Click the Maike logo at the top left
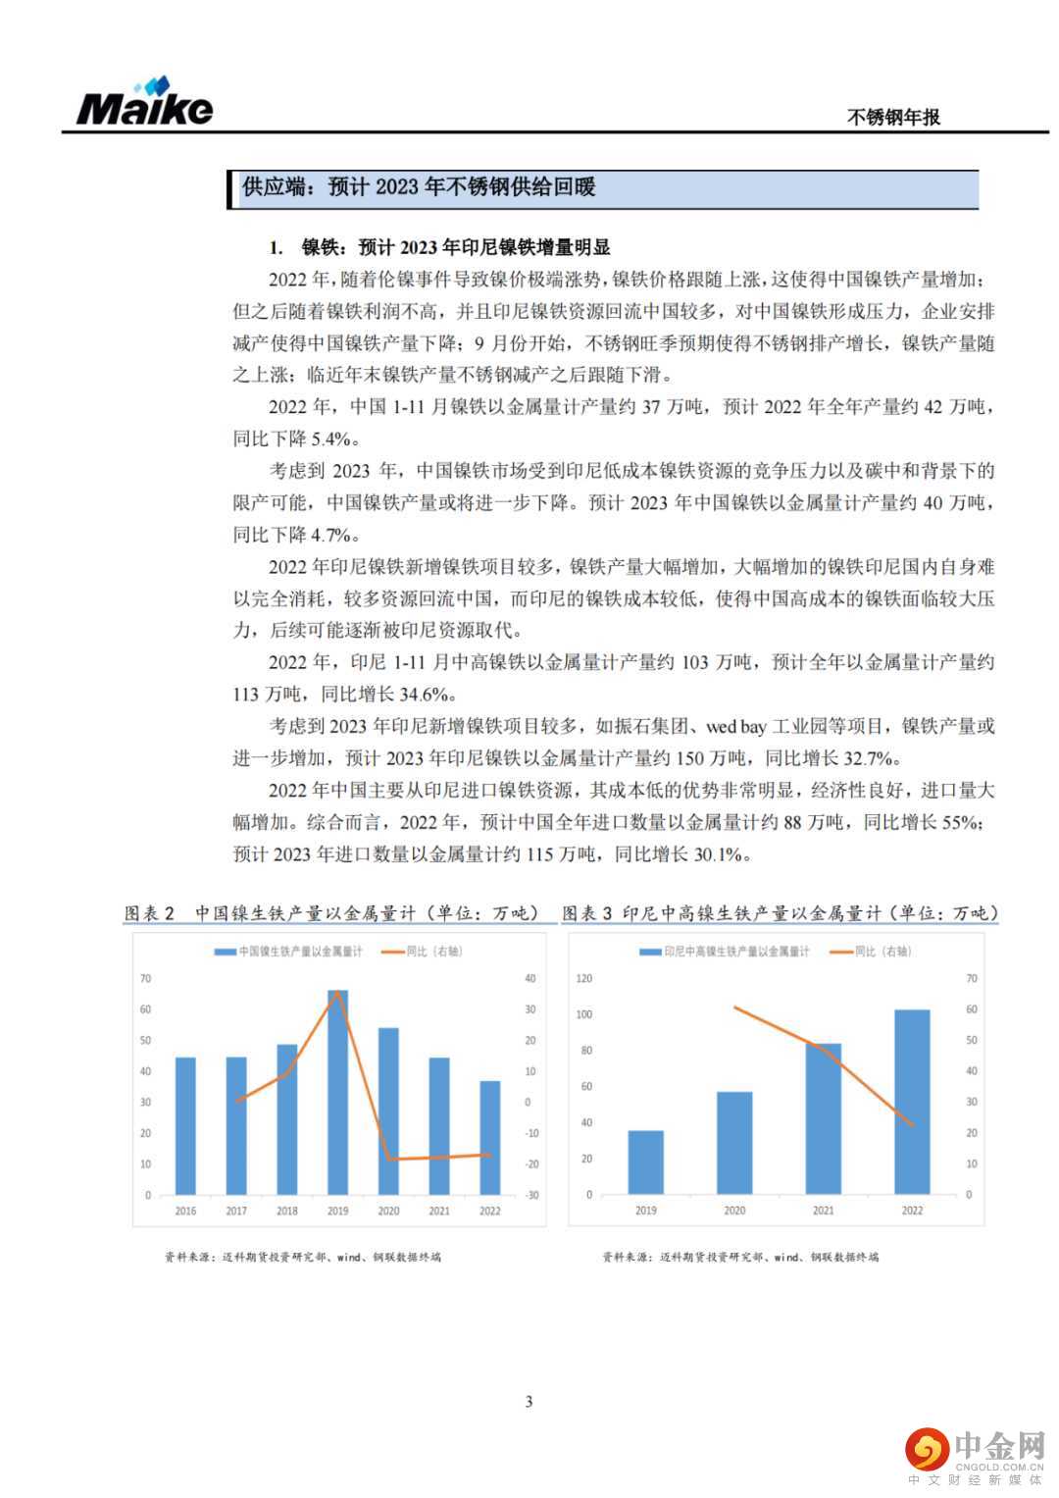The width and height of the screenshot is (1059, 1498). [x=144, y=102]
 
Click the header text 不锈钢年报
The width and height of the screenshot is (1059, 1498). [x=892, y=117]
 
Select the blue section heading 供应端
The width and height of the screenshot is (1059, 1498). [x=419, y=187]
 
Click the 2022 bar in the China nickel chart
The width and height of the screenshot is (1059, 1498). [x=489, y=1138]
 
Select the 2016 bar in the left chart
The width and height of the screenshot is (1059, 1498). [x=185, y=1126]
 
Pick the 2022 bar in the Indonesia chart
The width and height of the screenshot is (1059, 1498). [x=912, y=1102]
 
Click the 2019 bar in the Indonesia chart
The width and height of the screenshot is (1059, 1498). [x=645, y=1162]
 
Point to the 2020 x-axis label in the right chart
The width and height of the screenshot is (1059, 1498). [x=734, y=1211]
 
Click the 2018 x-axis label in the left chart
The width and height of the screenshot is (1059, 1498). [x=286, y=1211]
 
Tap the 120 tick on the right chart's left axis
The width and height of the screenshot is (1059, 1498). [x=584, y=978]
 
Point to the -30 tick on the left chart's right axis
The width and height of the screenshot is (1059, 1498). [x=531, y=1195]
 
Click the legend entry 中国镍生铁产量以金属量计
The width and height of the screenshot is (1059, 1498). [x=289, y=952]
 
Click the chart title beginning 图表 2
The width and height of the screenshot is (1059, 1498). [x=332, y=913]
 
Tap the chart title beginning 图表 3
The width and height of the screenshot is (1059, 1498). [x=780, y=913]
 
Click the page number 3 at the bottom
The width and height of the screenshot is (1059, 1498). [x=529, y=1401]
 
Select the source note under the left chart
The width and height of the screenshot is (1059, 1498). [x=303, y=1257]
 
